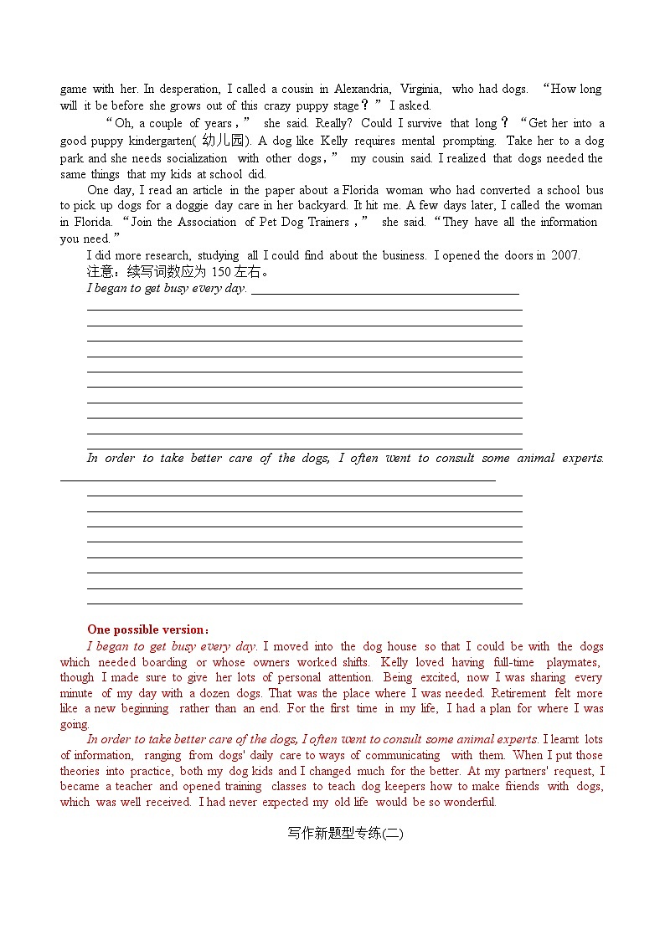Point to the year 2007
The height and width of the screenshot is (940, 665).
564,255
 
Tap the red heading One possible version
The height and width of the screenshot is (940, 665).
147,629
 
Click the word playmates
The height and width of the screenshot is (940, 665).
573,662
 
